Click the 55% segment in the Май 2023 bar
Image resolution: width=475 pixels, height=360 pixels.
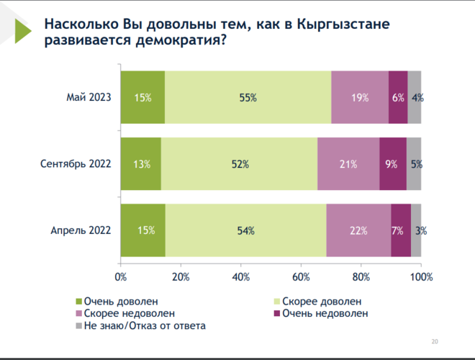[248, 98]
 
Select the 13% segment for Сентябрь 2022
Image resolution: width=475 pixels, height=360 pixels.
[142, 164]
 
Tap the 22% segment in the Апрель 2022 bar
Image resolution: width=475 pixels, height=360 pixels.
[358, 230]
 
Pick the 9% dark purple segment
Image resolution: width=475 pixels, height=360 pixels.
[392, 164]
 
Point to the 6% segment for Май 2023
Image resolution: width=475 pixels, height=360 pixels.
[398, 98]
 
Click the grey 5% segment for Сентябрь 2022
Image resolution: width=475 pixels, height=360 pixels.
[415, 164]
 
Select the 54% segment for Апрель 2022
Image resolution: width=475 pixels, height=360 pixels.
[246, 230]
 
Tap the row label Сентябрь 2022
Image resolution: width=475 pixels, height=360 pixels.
[76, 164]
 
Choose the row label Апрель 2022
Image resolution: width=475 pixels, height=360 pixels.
[81, 230]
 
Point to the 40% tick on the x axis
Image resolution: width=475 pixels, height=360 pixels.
[241, 276]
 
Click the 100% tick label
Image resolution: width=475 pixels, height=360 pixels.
[421, 276]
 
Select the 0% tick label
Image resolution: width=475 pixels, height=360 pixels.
[121, 276]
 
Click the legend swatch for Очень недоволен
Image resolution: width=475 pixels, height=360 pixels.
[277, 314]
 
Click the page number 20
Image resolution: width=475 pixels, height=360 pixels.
[434, 341]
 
